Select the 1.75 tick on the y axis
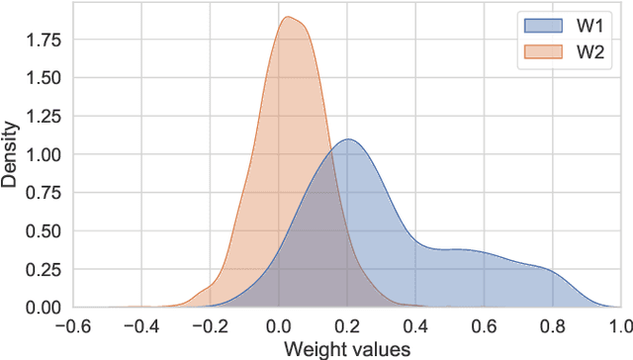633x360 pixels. pos(44,40)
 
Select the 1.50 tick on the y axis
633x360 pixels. pos(44,78)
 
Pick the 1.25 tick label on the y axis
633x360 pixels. pos(44,116)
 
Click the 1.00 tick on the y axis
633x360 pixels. pos(44,154)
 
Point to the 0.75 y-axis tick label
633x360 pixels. pos(44,193)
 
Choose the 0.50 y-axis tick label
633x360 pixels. pos(44,230)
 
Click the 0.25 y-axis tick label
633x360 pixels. pos(44,269)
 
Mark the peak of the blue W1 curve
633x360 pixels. pos(346,138)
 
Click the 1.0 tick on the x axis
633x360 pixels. pos(620,325)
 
